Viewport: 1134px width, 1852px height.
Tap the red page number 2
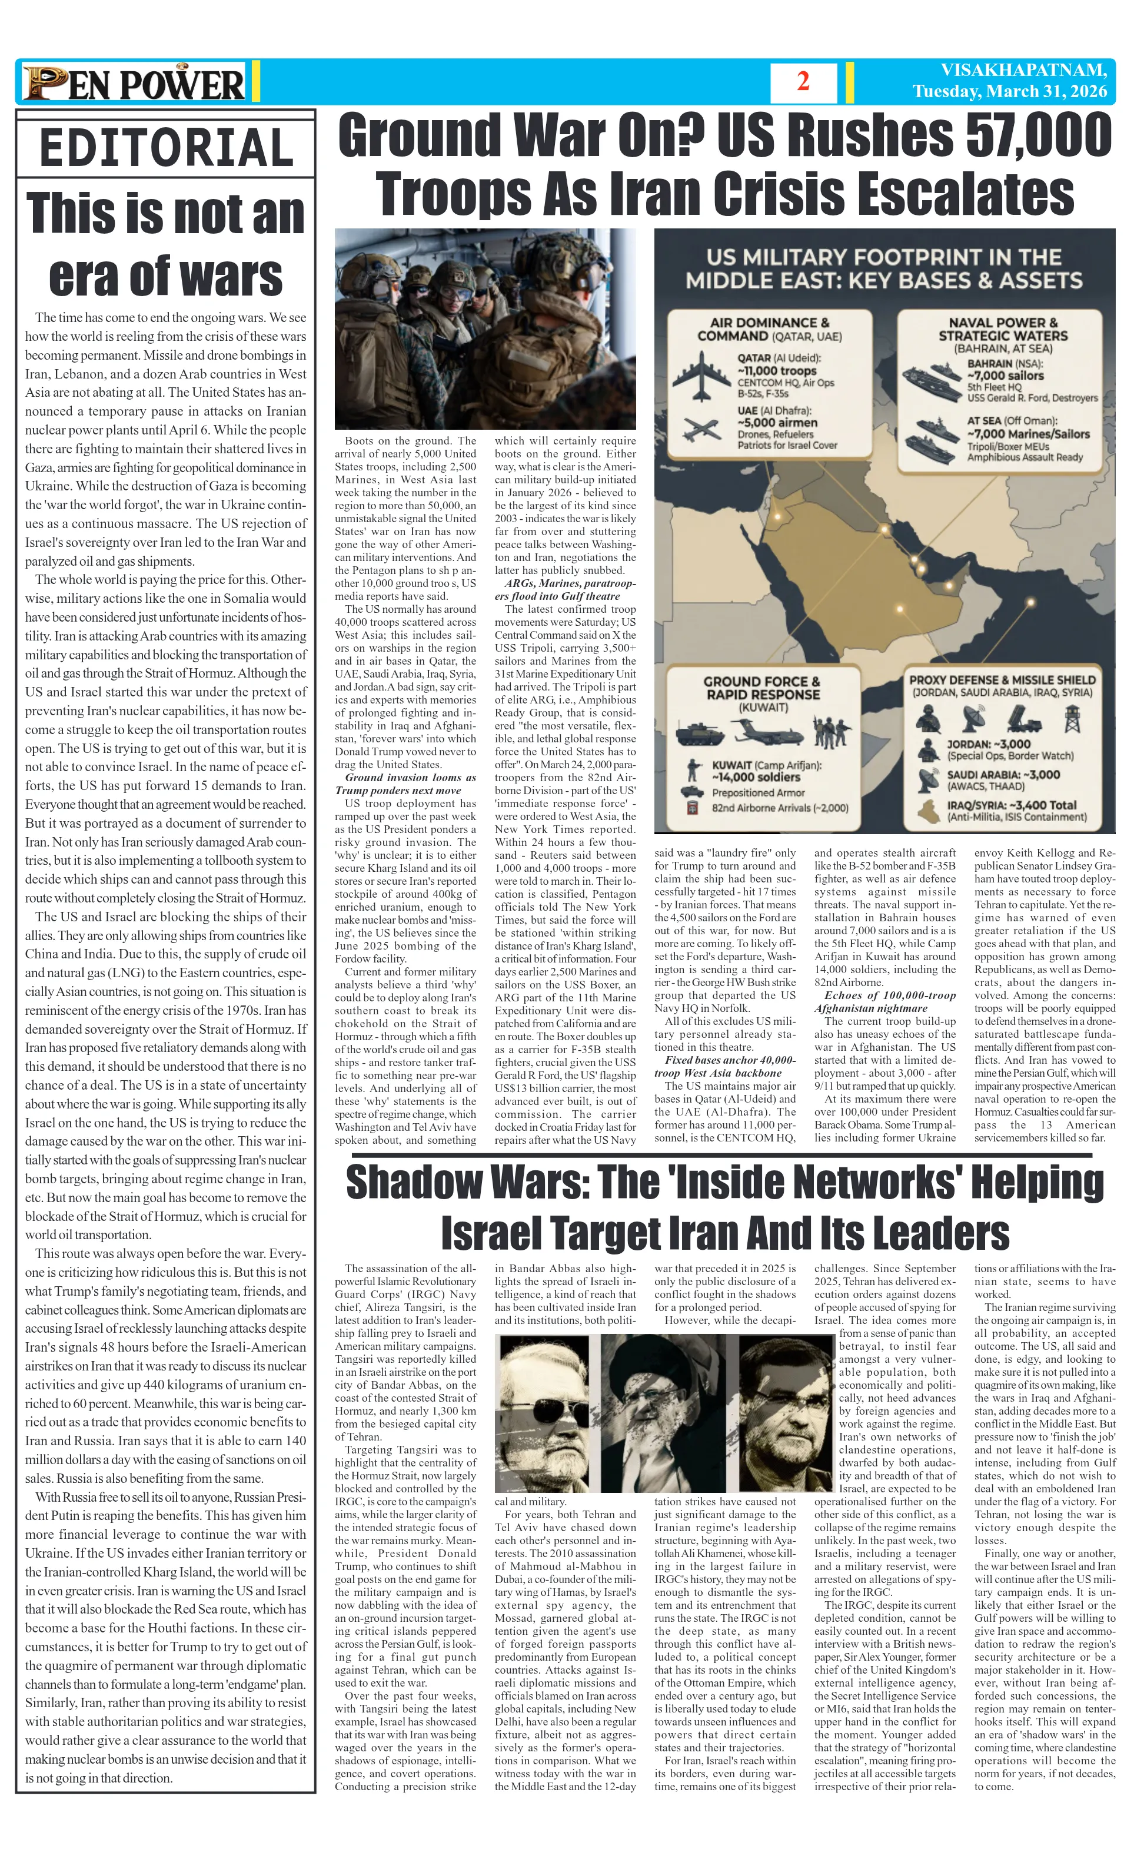tap(803, 82)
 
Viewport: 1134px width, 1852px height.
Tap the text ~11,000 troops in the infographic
tap(776, 370)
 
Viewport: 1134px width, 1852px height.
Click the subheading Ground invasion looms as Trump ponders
tap(406, 784)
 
